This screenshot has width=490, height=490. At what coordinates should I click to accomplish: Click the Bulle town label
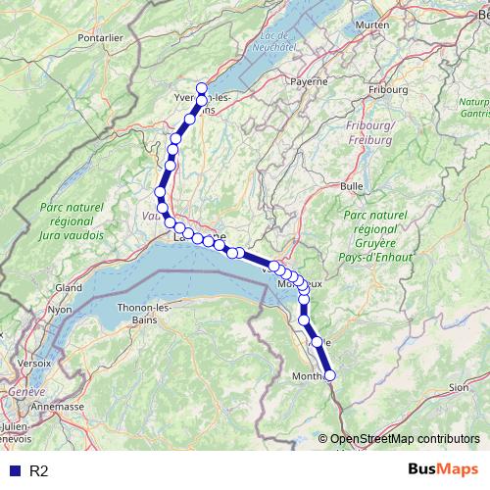pos(351,185)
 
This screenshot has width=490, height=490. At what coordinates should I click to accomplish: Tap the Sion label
pos(458,387)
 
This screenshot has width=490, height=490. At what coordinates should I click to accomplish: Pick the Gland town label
pos(69,288)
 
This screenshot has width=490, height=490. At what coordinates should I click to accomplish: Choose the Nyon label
pos(60,310)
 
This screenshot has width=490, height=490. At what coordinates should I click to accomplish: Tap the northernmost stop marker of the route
pos(202,88)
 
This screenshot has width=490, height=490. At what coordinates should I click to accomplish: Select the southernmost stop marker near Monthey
pos(329,374)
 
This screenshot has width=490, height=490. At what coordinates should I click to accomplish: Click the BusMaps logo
pos(437,470)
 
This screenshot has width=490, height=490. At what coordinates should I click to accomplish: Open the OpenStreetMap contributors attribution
pos(404,438)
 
